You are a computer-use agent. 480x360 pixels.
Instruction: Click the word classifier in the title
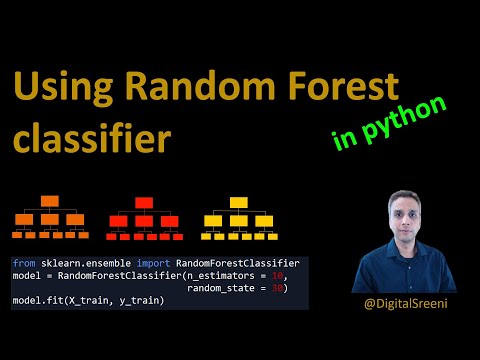pos(91,138)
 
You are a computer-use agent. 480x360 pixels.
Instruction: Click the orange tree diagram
pos(51,218)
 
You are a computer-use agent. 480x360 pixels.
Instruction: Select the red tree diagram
pos(143,219)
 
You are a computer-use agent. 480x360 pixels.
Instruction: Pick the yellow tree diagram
pos(238,218)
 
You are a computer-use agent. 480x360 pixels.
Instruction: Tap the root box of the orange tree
pos(51,202)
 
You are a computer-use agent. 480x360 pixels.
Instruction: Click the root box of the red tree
pos(143,203)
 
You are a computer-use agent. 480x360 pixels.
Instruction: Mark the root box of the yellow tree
pos(238,202)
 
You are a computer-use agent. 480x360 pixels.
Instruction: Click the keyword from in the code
pos(23,263)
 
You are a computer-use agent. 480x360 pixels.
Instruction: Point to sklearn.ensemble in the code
pos(76,263)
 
